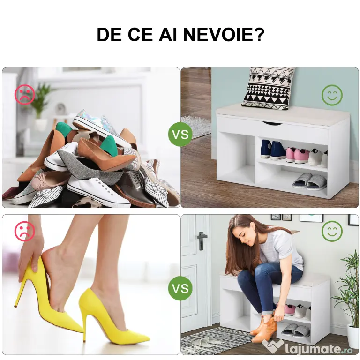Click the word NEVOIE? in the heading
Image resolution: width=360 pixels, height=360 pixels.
point(224,35)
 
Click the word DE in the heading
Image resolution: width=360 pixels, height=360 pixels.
point(109,35)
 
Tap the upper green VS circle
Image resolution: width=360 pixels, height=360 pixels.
point(180,134)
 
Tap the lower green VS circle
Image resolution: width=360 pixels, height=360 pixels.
point(180,288)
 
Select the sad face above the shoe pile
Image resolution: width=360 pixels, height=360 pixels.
point(25,95)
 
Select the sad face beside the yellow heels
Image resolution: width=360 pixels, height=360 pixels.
point(25,231)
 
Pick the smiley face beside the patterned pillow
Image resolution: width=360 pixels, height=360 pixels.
point(332,95)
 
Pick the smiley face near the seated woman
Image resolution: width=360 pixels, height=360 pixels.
point(332,231)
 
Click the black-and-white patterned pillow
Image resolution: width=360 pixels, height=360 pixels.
point(268,88)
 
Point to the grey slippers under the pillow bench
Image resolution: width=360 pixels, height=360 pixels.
point(310,181)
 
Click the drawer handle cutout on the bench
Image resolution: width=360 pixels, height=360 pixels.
point(272,124)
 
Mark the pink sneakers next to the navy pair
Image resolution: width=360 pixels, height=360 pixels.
point(298,155)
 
